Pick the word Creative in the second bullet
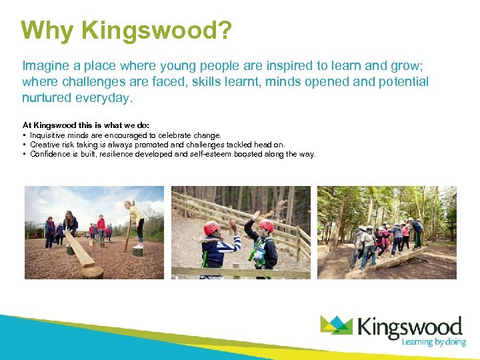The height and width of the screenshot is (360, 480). pos(45,145)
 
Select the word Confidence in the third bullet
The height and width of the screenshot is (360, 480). pos(51,154)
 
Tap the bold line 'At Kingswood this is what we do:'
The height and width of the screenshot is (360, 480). pos(86,125)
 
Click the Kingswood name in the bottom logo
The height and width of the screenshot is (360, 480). pos(410,327)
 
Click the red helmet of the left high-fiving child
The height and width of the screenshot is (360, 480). pos(211,228)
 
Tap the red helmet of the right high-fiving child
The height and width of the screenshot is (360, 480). pos(265,227)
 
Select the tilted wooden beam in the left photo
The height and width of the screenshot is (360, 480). pos(79,249)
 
